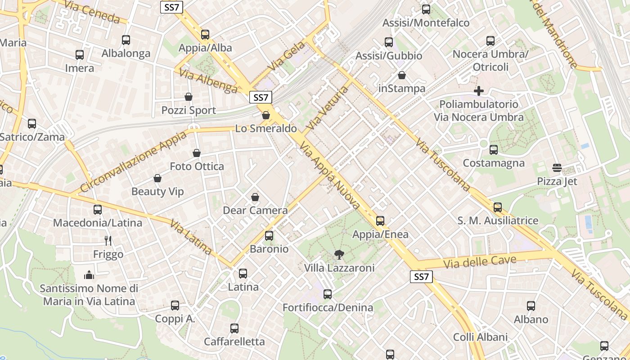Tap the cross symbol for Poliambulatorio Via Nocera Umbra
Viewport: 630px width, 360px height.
[479, 91]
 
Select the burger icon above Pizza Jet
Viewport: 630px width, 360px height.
[557, 168]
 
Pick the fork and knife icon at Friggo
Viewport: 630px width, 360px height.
[108, 241]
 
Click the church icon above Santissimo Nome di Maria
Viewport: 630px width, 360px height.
[89, 275]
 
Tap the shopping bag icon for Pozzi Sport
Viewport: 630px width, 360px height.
[189, 97]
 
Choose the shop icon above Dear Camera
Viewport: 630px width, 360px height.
[255, 197]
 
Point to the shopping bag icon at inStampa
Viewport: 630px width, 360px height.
[402, 75]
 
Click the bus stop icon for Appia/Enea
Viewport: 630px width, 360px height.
[380, 220]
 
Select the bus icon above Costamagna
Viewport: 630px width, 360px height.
[494, 150]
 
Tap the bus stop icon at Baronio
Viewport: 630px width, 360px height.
[269, 235]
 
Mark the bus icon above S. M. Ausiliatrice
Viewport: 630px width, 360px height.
[498, 207]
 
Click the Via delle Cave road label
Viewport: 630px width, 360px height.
[479, 261]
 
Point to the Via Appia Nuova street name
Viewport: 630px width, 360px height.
[330, 175]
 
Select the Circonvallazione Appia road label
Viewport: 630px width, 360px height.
[133, 162]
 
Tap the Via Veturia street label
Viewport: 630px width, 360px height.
[327, 108]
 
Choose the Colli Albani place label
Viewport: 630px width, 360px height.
[480, 337]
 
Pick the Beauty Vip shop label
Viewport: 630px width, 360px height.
[157, 192]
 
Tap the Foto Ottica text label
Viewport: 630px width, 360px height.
[197, 166]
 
